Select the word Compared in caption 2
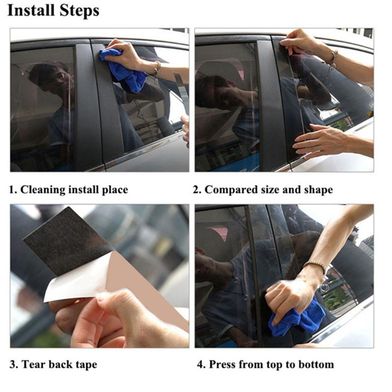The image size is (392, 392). (231, 190)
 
